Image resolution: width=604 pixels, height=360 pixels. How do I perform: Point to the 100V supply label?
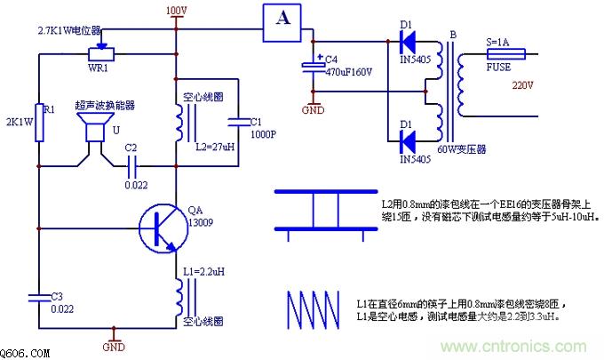coord(177,11)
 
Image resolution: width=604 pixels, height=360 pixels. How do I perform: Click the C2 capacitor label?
coord(131,147)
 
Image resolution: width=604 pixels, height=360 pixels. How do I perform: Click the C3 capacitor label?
coord(56,296)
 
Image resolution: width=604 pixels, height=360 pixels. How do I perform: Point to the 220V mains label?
coord(523,85)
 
